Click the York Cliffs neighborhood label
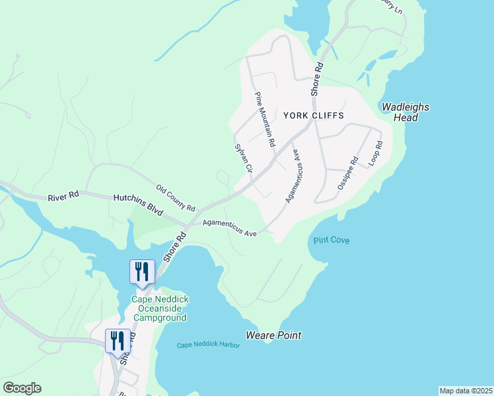[x=314, y=115]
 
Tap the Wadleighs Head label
[x=406, y=112]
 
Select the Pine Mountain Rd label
[x=264, y=119]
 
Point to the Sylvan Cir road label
[x=244, y=159]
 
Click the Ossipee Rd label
[x=347, y=173]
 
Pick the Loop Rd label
[x=375, y=153]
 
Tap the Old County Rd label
[x=176, y=198]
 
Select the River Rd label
[x=64, y=195]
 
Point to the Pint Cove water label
[x=332, y=240]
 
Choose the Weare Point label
[x=273, y=335]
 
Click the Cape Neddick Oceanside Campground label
[x=160, y=308]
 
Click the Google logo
[x=22, y=388]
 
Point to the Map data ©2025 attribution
[x=466, y=391]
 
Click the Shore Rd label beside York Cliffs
[x=318, y=77]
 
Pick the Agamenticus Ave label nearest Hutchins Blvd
[x=229, y=228]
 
